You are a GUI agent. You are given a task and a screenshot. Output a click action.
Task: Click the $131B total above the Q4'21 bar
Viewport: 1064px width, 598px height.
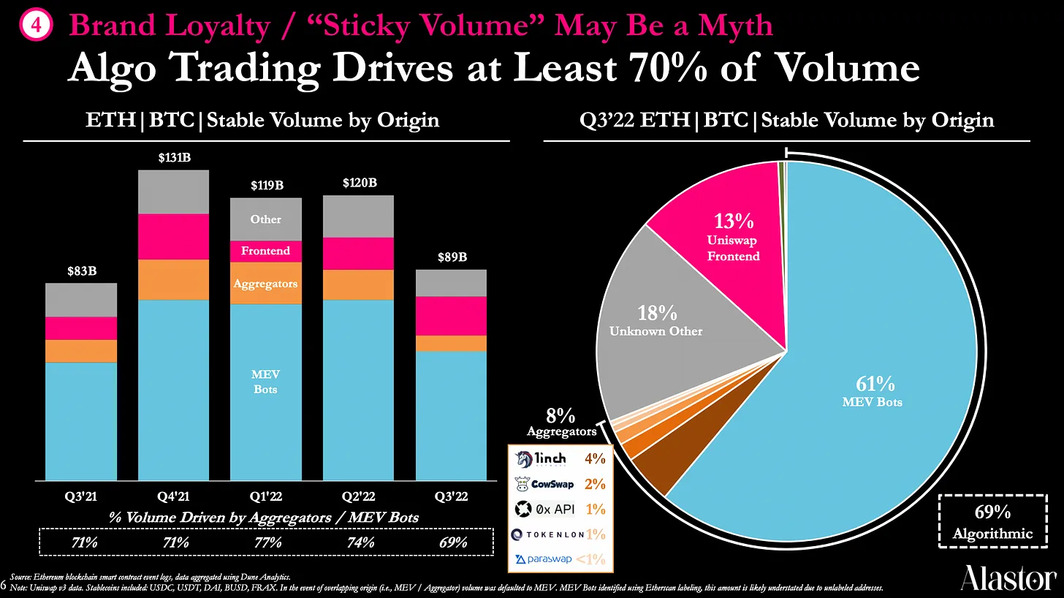point(174,157)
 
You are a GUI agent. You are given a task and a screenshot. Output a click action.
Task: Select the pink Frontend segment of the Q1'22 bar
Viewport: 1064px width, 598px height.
point(265,251)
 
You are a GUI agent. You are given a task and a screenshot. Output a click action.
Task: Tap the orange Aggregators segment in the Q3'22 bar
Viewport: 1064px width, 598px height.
point(451,343)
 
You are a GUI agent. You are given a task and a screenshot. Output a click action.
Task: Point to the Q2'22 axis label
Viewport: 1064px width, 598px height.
point(358,496)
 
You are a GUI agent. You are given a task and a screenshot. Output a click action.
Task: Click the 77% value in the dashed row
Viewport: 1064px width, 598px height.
point(267,542)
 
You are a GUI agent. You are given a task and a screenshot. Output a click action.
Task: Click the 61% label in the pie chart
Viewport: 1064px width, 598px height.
point(875,384)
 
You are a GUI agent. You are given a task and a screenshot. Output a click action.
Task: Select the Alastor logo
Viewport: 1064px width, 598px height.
point(1008,578)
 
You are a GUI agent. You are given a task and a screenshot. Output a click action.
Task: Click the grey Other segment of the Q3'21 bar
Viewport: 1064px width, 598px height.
point(81,300)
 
